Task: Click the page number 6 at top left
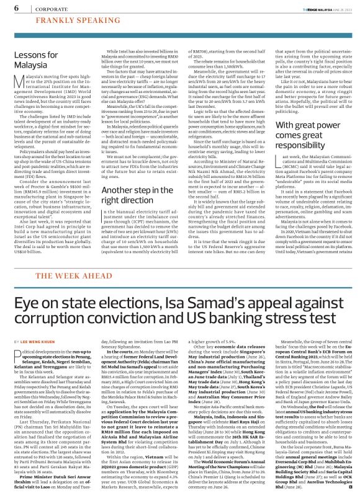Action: tap(12, 8)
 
